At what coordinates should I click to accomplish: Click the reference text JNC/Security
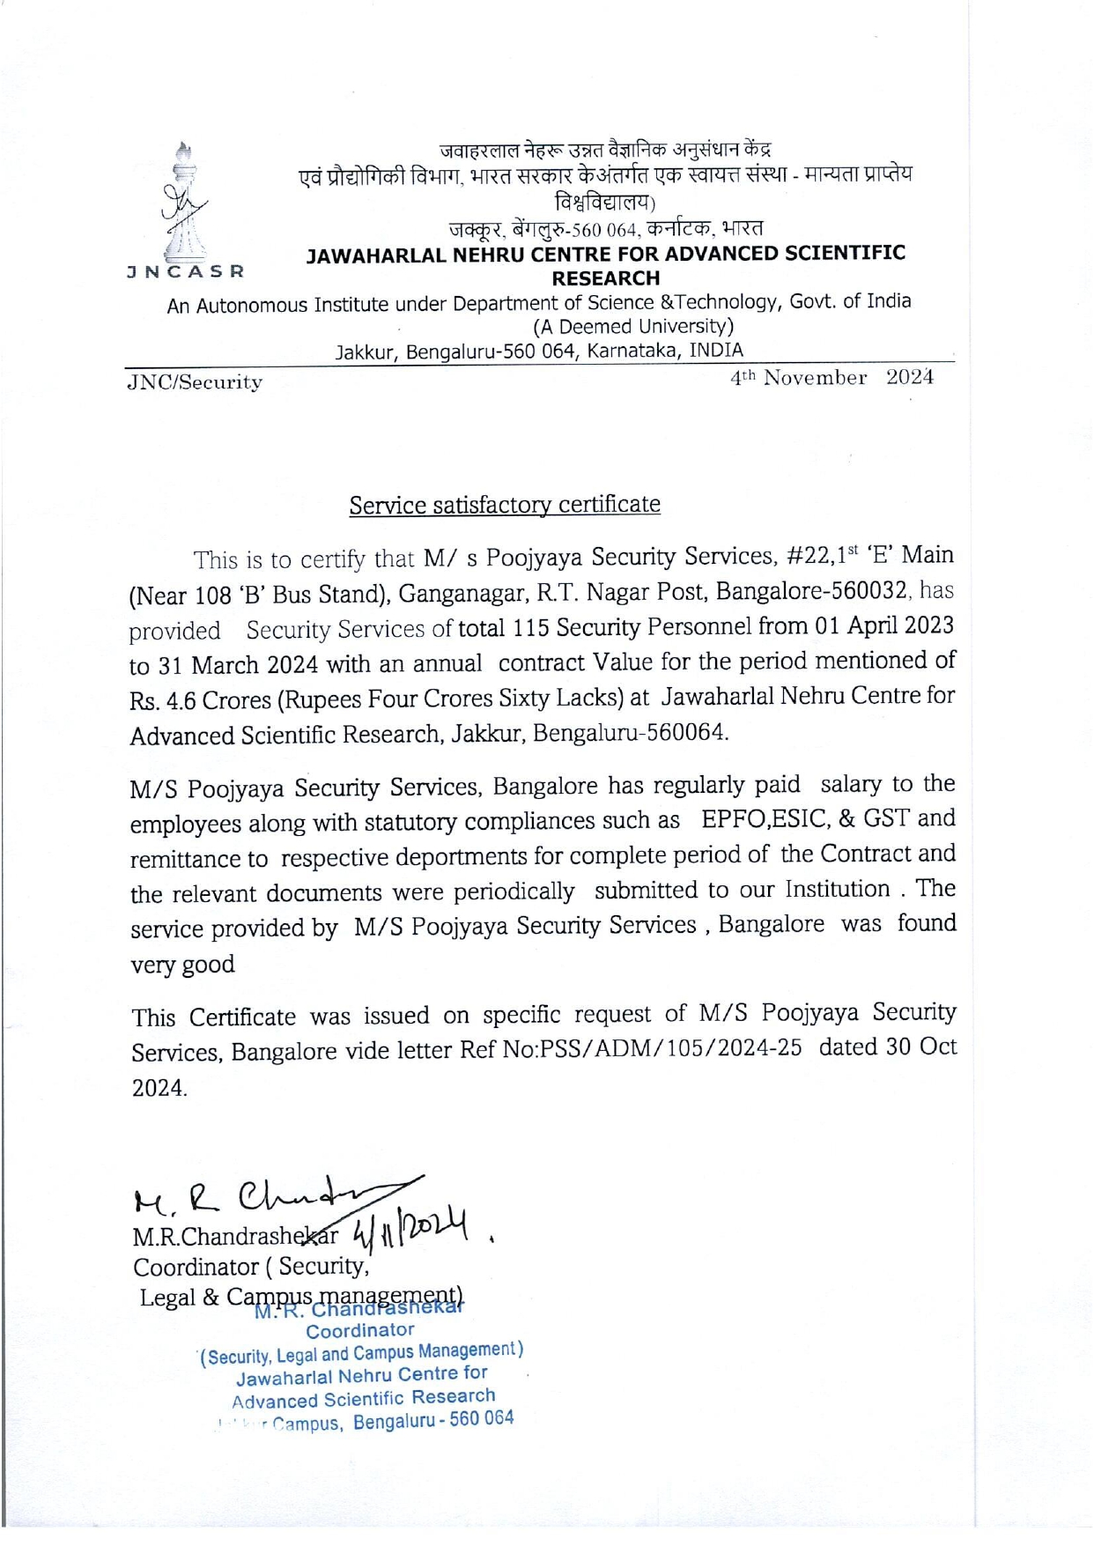[x=195, y=382]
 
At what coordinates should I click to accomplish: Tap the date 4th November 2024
[x=832, y=378]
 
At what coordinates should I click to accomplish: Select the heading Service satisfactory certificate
[x=505, y=505]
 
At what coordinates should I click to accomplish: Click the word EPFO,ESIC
[x=765, y=819]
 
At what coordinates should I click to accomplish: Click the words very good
[x=183, y=965]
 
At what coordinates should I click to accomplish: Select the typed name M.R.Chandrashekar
[x=234, y=1237]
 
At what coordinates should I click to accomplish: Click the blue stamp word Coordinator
[x=359, y=1330]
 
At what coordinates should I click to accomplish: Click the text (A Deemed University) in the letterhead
[x=633, y=327]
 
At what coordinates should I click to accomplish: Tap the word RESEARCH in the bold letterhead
[x=605, y=278]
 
